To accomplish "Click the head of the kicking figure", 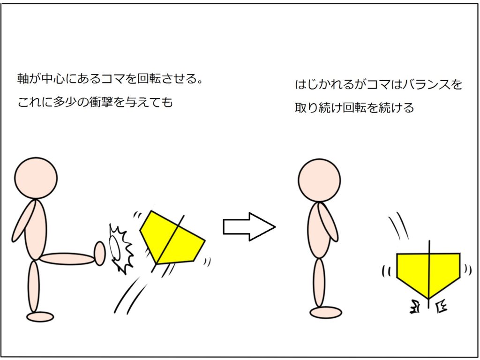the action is [x=36, y=178].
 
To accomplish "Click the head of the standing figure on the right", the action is [x=319, y=180].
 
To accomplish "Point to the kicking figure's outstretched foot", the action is [x=100, y=253].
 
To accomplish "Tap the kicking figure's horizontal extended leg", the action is [x=67, y=259].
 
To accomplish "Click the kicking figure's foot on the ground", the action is [x=40, y=316].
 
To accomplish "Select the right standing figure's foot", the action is [x=326, y=313].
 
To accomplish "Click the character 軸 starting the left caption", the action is [x=23, y=79].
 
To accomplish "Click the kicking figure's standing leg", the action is [x=34, y=286].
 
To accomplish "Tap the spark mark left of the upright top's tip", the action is [x=415, y=307].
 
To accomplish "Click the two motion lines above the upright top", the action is [x=398, y=226].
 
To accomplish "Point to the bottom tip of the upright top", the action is [x=428, y=299].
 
